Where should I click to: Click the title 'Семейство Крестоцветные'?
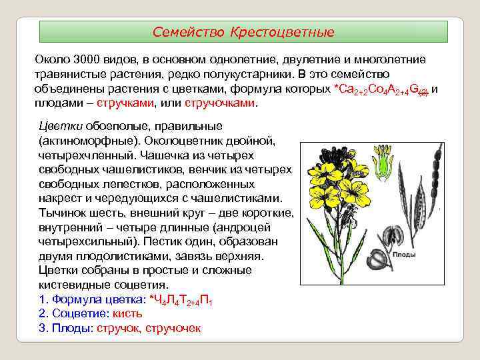(x=243, y=32)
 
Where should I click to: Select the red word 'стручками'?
(x=125, y=103)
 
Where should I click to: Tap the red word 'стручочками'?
(x=219, y=103)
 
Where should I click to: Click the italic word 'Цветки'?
(x=59, y=126)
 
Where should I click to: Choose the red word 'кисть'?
(x=127, y=313)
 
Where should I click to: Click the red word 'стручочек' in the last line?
(x=176, y=328)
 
